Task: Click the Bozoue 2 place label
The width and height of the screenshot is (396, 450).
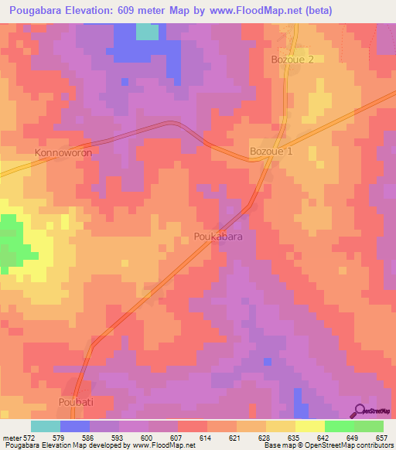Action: (x=292, y=60)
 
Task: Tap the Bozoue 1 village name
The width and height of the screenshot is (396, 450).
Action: (x=271, y=152)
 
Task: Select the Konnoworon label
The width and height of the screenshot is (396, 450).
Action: (x=63, y=153)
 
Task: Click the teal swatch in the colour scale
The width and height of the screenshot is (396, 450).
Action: (x=46, y=426)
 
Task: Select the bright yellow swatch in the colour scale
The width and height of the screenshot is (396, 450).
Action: (x=309, y=426)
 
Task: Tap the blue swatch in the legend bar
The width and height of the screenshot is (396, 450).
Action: (x=75, y=426)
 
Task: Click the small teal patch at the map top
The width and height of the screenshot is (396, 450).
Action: (x=147, y=31)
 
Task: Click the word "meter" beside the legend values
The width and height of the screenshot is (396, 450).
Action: (x=12, y=438)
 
